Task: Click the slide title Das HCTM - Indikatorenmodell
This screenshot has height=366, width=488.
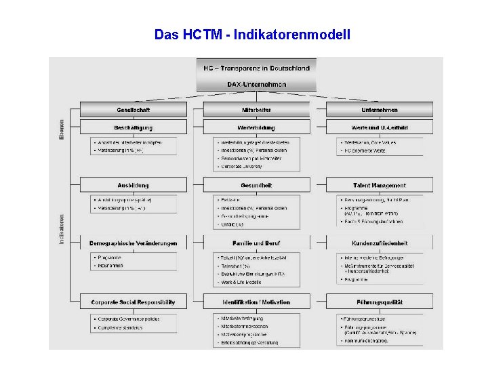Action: coord(252,34)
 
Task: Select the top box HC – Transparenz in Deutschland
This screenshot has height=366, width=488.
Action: coord(256,68)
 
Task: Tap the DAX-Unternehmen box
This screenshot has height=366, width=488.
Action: coord(256,85)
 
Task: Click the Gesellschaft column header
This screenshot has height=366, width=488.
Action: coord(134,110)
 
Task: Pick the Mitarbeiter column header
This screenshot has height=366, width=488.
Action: coord(256,110)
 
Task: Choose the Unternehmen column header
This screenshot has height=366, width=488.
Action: coord(379,110)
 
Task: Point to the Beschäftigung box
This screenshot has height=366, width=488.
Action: coord(134,127)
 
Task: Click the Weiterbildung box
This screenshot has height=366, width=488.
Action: coord(256,127)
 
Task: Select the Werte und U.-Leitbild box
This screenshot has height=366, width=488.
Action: coord(379,127)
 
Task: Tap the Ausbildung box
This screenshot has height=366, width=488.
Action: coord(134,185)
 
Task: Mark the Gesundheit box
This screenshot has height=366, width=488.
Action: coord(256,185)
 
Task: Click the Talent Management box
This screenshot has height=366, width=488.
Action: coord(379,185)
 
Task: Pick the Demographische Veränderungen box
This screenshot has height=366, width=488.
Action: coord(134,243)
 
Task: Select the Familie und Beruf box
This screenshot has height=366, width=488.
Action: coord(256,243)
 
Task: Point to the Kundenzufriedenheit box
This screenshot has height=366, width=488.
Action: coord(379,243)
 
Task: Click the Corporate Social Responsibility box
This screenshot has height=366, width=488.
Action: coord(134,302)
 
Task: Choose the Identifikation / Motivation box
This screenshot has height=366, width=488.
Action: coord(256,302)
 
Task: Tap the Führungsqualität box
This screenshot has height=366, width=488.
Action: coord(379,302)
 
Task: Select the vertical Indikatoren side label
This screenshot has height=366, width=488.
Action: coord(61,229)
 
